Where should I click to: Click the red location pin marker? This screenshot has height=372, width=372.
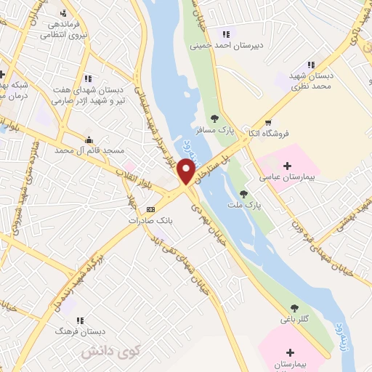click(186, 171)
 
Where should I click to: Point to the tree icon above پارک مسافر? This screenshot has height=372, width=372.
click(214, 118)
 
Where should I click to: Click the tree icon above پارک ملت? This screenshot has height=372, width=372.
click(244, 194)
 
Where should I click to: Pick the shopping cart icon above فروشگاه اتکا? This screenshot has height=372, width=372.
click(269, 123)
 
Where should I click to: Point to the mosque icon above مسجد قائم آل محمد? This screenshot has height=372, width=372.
click(89, 139)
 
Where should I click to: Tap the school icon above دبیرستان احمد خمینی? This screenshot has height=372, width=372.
click(227, 33)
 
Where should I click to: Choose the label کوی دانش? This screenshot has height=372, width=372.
click(100, 352)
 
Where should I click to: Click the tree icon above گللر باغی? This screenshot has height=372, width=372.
click(294, 307)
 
